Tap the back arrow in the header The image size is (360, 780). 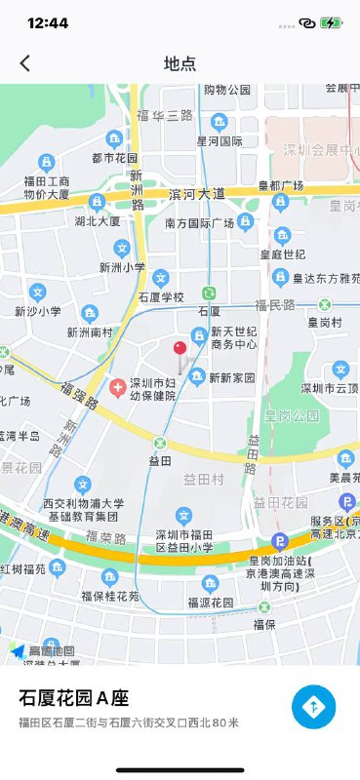click(x=25, y=63)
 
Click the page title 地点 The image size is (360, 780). click(x=180, y=63)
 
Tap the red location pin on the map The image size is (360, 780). click(x=180, y=350)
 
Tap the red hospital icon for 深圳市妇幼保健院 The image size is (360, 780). click(x=118, y=388)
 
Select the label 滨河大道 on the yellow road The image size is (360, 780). click(x=196, y=194)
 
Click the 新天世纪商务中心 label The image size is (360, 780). click(x=233, y=337)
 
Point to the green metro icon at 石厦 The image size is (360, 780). click(x=209, y=292)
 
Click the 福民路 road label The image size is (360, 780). click(x=274, y=305)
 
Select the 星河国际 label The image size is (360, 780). click(x=220, y=140)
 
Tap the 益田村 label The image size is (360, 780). click(x=204, y=480)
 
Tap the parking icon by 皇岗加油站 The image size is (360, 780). click(x=280, y=541)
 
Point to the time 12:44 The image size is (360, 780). click(x=48, y=22)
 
